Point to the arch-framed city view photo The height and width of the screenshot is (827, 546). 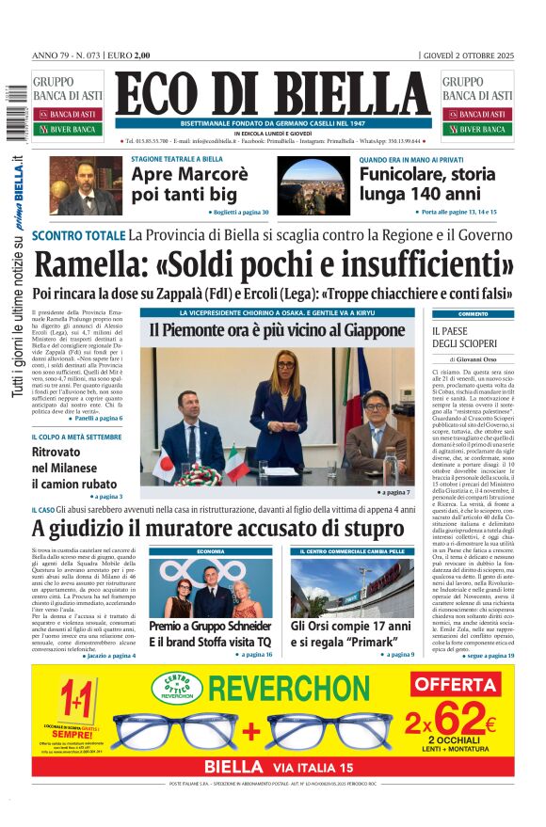[311, 185]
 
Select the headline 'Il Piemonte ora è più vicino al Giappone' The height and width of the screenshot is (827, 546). [276, 330]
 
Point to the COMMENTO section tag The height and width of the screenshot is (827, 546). [473, 313]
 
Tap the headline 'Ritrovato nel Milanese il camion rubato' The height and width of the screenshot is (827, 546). [76, 468]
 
